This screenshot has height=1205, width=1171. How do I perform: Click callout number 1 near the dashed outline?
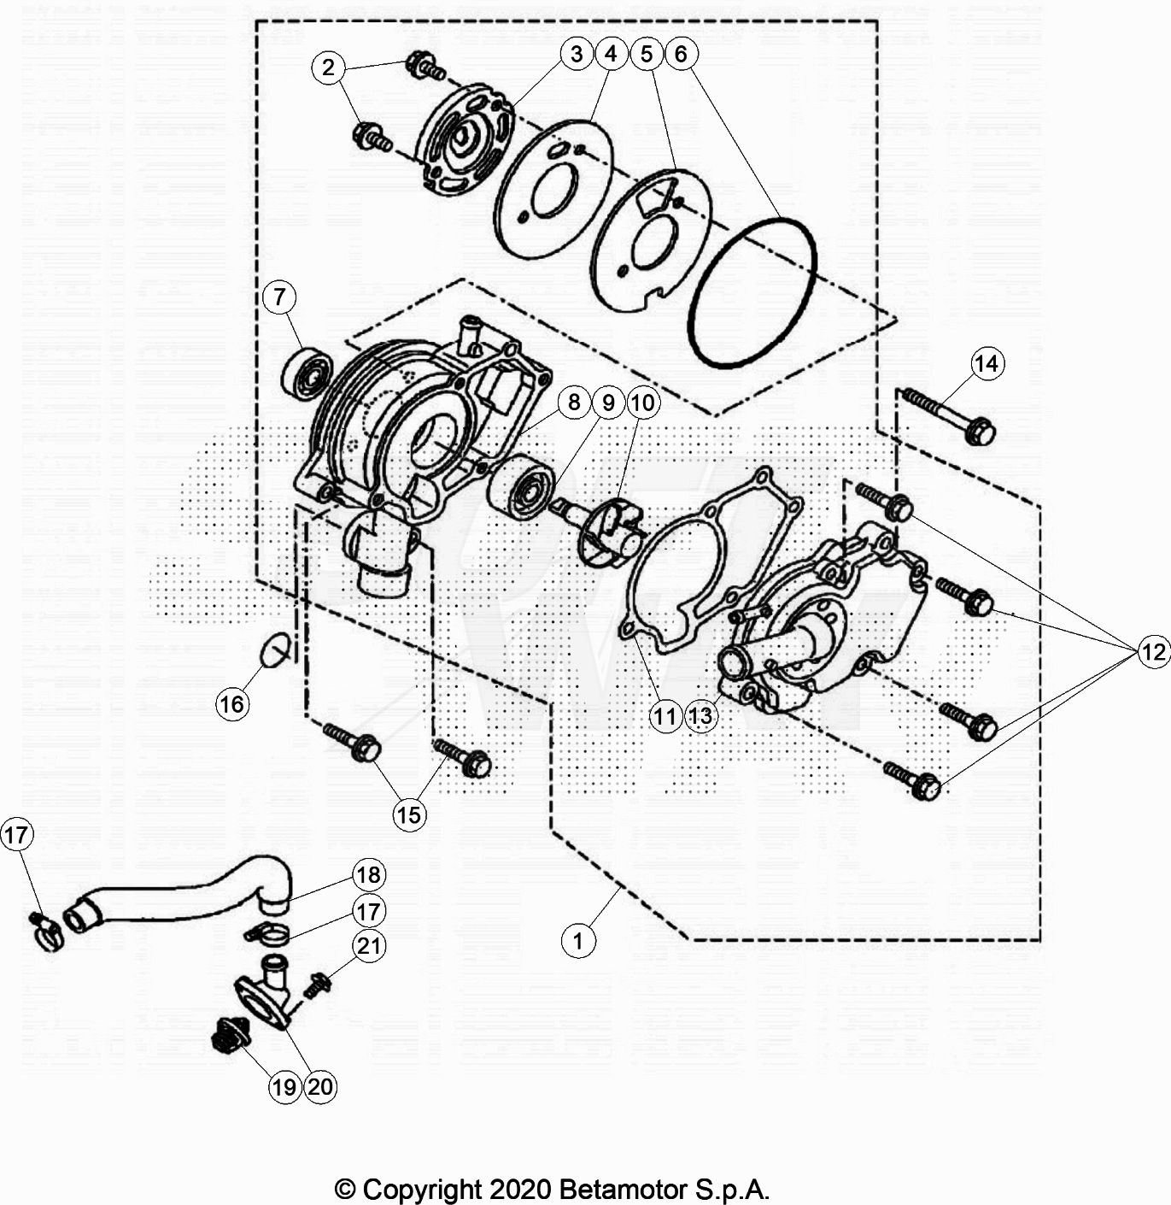(578, 941)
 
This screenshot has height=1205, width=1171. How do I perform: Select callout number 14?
(987, 364)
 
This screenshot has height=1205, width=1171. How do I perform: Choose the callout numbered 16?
(231, 704)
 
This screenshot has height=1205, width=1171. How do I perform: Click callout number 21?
(369, 946)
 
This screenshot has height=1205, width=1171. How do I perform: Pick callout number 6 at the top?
(681, 54)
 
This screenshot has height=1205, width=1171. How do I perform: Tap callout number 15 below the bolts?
(409, 815)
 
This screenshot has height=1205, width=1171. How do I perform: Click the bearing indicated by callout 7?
(306, 373)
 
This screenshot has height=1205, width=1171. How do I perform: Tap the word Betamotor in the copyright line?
(623, 1189)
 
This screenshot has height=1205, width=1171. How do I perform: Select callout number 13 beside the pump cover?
(700, 716)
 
